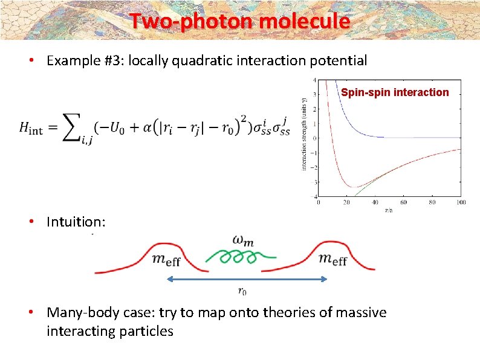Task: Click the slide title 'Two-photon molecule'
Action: (x=239, y=21)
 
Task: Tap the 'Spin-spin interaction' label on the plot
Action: (x=395, y=92)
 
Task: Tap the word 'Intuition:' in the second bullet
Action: (x=76, y=222)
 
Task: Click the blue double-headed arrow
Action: (x=247, y=279)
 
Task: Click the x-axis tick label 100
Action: (x=461, y=202)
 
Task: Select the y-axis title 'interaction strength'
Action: (x=304, y=133)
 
